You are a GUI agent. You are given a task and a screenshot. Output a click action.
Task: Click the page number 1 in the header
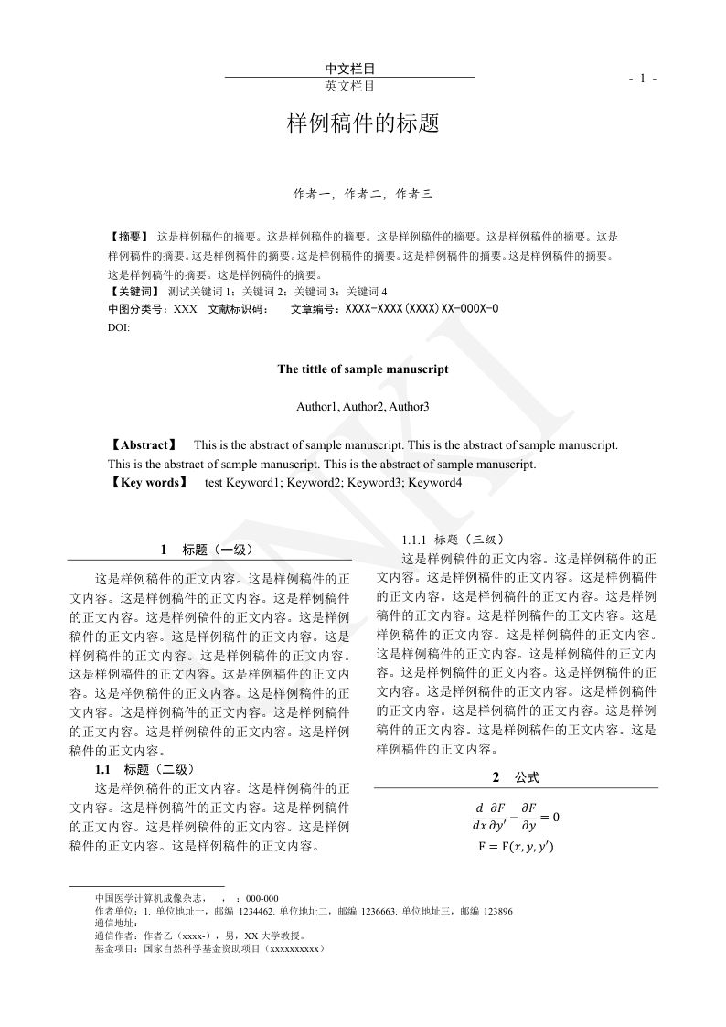coord(643,79)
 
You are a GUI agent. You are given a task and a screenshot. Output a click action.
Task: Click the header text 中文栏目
coord(349,69)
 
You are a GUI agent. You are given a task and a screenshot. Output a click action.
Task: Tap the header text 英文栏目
coord(349,87)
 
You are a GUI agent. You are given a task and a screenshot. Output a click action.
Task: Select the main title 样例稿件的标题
coord(363,123)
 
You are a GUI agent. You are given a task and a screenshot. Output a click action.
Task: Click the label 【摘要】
coord(129,236)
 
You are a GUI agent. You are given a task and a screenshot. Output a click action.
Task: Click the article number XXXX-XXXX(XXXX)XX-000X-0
coord(422,309)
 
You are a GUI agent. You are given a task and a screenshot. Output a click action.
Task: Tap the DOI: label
coord(119,326)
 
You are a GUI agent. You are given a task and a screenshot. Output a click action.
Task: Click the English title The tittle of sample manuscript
coord(363,369)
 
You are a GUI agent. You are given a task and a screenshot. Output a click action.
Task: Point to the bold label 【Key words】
coord(149,482)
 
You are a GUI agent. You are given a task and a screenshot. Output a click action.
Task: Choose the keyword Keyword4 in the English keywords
coord(434,482)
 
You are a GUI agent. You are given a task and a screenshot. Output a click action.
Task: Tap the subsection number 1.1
coord(102,769)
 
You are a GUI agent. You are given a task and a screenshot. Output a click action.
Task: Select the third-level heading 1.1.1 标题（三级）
coord(454,540)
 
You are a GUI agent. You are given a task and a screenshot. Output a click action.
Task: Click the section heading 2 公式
coord(516,777)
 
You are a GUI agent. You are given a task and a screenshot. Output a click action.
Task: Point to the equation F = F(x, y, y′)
coord(516,846)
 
